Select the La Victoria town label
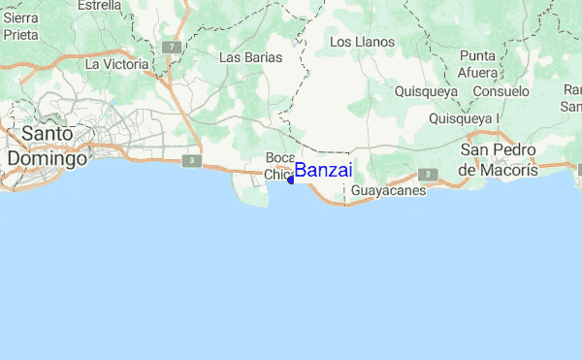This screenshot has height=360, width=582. (x=116, y=64)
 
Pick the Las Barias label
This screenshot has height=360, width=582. (x=250, y=57)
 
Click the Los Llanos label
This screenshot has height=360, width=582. (x=362, y=43)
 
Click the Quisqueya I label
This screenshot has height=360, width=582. (x=464, y=118)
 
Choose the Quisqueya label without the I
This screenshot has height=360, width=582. (x=426, y=91)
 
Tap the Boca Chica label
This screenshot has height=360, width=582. (x=279, y=166)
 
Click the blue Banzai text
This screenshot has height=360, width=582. (x=324, y=171)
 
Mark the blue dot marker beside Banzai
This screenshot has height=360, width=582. (x=291, y=180)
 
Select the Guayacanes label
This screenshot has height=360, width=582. (x=388, y=191)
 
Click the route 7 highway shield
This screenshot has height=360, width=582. (x=171, y=46)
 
